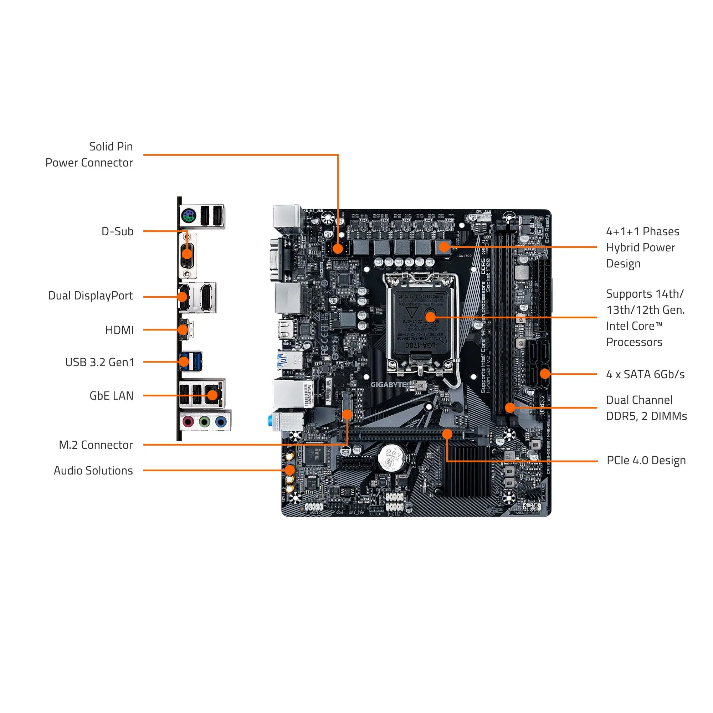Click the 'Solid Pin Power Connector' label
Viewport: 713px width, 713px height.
click(x=89, y=155)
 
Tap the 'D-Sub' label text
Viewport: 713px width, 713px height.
click(x=117, y=231)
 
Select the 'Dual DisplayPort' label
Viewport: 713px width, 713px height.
click(x=91, y=296)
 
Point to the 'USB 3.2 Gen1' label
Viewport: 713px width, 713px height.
click(x=100, y=363)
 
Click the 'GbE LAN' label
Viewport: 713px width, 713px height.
click(x=112, y=396)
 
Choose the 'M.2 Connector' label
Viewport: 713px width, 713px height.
click(x=96, y=445)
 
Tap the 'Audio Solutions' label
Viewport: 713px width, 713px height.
click(x=93, y=471)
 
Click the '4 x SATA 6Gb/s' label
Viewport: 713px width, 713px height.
click(x=645, y=374)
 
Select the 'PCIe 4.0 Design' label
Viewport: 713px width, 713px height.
click(x=646, y=461)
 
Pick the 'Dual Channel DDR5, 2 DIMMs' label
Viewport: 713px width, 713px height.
click(x=646, y=408)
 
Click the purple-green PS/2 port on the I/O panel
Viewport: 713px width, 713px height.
click(x=188, y=216)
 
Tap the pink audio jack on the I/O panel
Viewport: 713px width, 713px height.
click(x=189, y=421)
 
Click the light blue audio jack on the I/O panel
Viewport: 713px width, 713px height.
click(x=221, y=421)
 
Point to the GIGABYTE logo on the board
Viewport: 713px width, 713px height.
click(x=388, y=385)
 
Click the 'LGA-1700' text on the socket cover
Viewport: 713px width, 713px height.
click(x=420, y=345)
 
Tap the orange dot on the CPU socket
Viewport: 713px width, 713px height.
click(x=430, y=317)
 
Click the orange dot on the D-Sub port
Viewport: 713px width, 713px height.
click(x=187, y=253)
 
